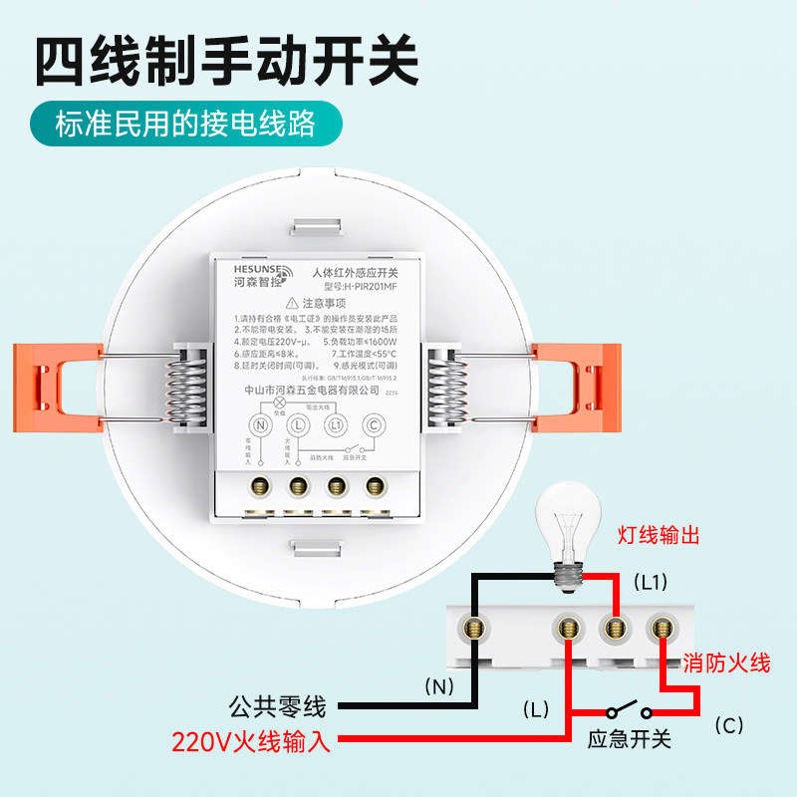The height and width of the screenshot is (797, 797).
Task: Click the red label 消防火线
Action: point(726,663)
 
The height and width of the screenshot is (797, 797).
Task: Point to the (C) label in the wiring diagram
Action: point(729,725)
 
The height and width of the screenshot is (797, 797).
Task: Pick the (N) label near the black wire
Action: point(438,685)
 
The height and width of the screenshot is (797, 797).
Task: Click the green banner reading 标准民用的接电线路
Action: point(185,125)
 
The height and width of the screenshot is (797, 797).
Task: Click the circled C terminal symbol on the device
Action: point(375,424)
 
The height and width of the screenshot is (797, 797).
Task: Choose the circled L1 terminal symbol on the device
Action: point(336,424)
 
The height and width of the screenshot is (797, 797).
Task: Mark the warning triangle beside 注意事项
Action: point(291,303)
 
